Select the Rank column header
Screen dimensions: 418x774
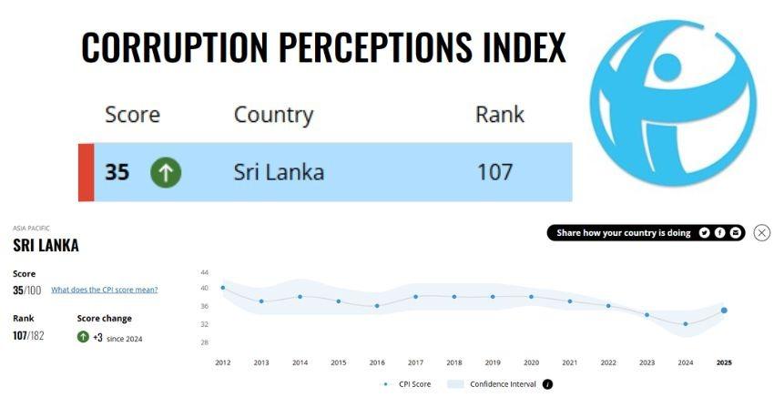[x=499, y=115]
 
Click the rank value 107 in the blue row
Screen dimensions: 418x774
[x=494, y=171]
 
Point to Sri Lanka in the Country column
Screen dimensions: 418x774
[x=279, y=171]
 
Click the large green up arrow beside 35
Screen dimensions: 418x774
[x=166, y=172]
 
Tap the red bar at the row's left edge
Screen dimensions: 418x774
[x=86, y=172]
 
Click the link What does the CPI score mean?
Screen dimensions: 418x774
[x=104, y=290]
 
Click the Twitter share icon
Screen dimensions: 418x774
[x=704, y=233]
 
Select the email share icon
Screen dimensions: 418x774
[x=736, y=233]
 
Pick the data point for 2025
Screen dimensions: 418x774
[x=724, y=311]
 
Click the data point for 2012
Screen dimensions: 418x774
[x=223, y=288]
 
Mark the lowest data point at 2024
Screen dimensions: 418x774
[x=686, y=324]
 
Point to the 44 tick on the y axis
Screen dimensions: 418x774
[x=204, y=272]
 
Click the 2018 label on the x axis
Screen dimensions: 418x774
[x=453, y=362]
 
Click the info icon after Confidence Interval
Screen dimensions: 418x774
[x=547, y=384]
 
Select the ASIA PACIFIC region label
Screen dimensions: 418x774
[x=31, y=229]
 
